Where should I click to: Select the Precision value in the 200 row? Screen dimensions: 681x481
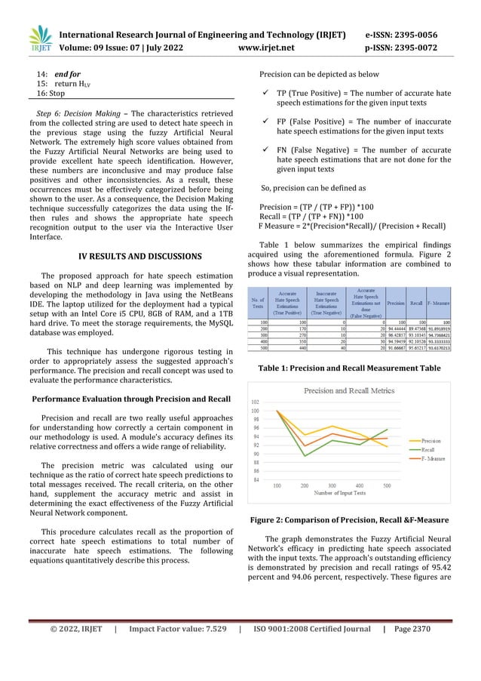pyautogui.click(x=396, y=329)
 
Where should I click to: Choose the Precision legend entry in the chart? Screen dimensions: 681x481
pyautogui.click(x=430, y=440)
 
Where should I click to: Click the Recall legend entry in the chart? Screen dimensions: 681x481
pyautogui.click(x=427, y=449)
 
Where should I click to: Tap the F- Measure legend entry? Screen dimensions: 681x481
pyautogui.click(x=432, y=458)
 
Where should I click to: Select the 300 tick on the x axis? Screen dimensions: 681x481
pyautogui.click(x=332, y=485)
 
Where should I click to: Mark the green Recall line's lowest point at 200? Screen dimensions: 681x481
pyautogui.click(x=305, y=456)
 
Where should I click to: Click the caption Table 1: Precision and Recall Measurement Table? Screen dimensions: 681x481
pyautogui.click(x=349, y=368)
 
